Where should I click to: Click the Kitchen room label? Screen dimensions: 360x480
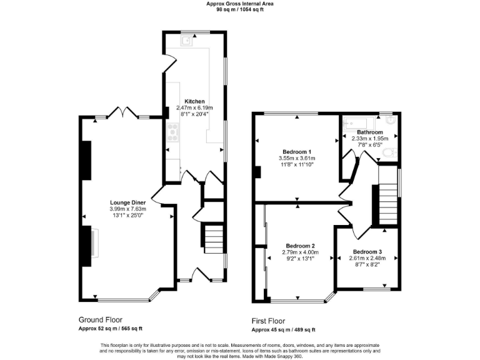click(x=194, y=101)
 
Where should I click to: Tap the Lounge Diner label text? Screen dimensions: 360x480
click(x=128, y=202)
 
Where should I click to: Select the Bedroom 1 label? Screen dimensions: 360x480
click(x=297, y=152)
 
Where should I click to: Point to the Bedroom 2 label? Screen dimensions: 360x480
click(x=301, y=246)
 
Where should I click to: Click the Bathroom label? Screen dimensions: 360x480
click(x=370, y=132)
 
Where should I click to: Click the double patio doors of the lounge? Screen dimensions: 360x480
click(x=122, y=113)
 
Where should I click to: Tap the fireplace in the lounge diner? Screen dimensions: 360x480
click(x=95, y=242)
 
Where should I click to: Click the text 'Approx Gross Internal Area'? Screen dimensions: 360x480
click(x=240, y=4)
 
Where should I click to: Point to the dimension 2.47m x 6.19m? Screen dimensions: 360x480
click(x=194, y=108)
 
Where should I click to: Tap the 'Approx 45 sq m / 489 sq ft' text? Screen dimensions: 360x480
click(x=283, y=329)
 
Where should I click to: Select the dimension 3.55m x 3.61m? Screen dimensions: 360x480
click(x=297, y=159)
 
